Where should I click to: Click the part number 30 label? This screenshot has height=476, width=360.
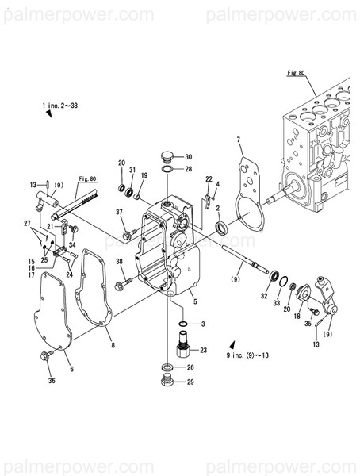(x=189, y=156)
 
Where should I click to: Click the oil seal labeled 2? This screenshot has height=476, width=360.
(x=225, y=229)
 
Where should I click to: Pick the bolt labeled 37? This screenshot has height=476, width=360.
(x=128, y=236)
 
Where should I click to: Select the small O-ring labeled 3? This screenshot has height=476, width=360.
(x=182, y=324)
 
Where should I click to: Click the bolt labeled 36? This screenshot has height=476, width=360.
(x=46, y=357)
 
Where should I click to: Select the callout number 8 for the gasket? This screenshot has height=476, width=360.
(x=112, y=345)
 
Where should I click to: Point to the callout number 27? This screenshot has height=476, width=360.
(x=27, y=223)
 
